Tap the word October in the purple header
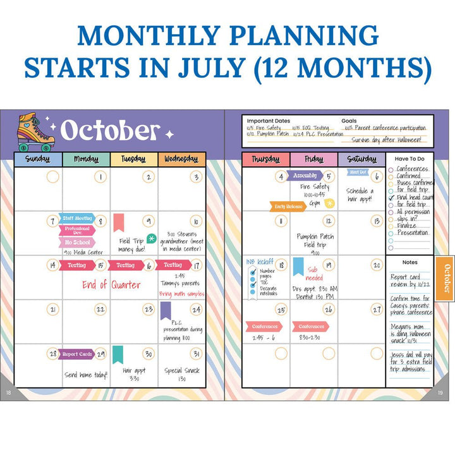point(110,131)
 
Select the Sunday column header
point(38,159)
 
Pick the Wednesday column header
point(181,159)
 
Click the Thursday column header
point(265,159)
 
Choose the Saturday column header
point(361,159)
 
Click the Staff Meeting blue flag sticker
point(76,218)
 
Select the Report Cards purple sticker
point(76,355)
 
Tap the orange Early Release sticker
point(289,206)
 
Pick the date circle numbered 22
point(100,310)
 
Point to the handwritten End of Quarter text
point(111,284)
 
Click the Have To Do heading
point(409,159)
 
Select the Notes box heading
point(410,262)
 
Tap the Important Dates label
point(268,121)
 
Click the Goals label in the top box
point(349,121)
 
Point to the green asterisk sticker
point(151,238)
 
